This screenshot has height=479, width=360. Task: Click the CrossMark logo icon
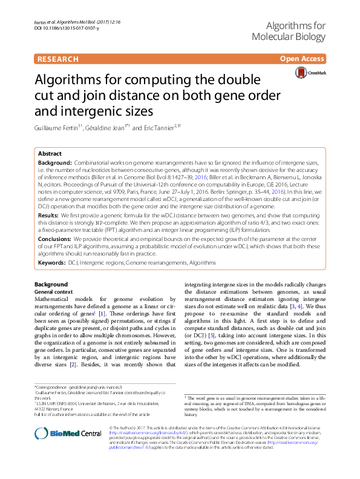(x=301, y=73)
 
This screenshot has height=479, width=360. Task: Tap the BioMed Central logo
(x=68, y=433)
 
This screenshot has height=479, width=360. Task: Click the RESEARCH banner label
(x=58, y=59)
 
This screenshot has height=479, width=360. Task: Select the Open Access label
(x=302, y=59)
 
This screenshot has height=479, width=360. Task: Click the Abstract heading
(x=50, y=154)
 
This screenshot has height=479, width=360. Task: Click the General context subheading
(x=53, y=291)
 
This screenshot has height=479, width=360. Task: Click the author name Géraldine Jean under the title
(x=105, y=128)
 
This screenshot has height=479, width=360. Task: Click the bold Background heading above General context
(x=51, y=285)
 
